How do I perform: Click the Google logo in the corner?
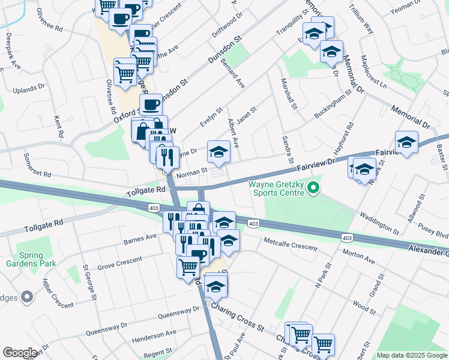[x=20, y=353]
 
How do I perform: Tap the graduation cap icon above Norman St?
[x=218, y=152]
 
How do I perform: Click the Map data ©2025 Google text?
[x=412, y=355]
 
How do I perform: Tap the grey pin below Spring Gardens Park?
[x=26, y=296]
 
